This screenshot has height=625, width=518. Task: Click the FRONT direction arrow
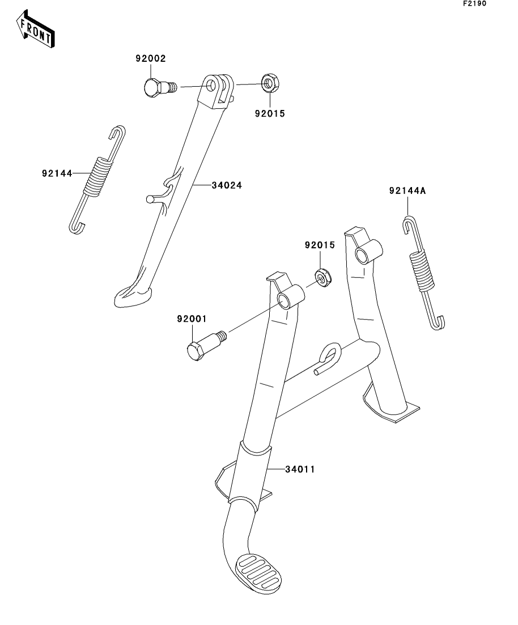pyautogui.click(x=36, y=29)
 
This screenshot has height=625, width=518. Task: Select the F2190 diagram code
pyautogui.click(x=474, y=3)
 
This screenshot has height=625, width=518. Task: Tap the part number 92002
pyautogui.click(x=150, y=58)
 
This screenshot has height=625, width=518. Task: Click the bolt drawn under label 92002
pyautogui.click(x=159, y=87)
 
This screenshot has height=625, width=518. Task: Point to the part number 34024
pyautogui.click(x=227, y=185)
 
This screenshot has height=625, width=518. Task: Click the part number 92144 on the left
pyautogui.click(x=57, y=173)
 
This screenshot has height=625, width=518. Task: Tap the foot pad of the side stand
pyautogui.click(x=133, y=296)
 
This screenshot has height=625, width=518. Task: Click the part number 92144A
pyautogui.click(x=407, y=191)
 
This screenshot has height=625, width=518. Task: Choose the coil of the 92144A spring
pyautogui.click(x=422, y=269)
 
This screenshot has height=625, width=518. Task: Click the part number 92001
pyautogui.click(x=192, y=319)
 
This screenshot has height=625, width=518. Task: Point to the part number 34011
pyautogui.click(x=300, y=470)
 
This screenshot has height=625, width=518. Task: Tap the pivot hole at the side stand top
pyautogui.click(x=211, y=85)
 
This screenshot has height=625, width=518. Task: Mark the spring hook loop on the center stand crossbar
pyautogui.click(x=329, y=358)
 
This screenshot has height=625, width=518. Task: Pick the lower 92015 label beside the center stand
pyautogui.click(x=320, y=245)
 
